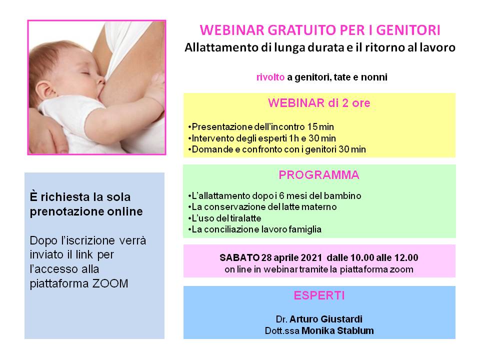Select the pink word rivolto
(x=270, y=77)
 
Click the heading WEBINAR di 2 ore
(x=319, y=103)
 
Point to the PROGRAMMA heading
(x=319, y=175)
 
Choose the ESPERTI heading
(x=319, y=295)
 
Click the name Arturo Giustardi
(x=326, y=319)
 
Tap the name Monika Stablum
(x=337, y=330)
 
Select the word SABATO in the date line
(x=239, y=257)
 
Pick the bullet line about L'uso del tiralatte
(x=224, y=218)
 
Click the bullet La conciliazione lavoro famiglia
(x=254, y=229)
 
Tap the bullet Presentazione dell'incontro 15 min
(x=261, y=126)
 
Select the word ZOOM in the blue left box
(x=110, y=283)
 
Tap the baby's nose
(x=101, y=80)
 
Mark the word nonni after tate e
(x=374, y=77)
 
